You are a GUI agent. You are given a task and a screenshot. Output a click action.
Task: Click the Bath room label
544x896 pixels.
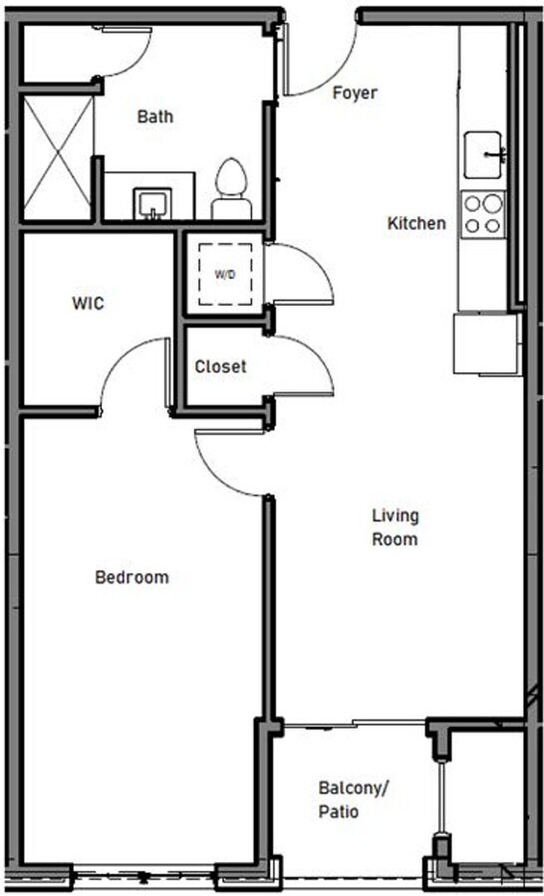pyautogui.click(x=155, y=116)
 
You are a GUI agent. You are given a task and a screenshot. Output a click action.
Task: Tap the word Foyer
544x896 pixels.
pyautogui.click(x=355, y=94)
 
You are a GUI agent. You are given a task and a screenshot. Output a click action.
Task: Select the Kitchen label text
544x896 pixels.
pyautogui.click(x=416, y=223)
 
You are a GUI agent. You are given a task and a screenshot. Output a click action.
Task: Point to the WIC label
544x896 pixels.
pyautogui.click(x=88, y=303)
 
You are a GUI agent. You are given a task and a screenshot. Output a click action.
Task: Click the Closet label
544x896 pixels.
pyautogui.click(x=221, y=366)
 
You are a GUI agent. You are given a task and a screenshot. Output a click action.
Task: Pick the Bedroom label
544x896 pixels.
pyautogui.click(x=133, y=577)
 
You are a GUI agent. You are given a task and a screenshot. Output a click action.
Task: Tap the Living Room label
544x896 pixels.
pyautogui.click(x=396, y=528)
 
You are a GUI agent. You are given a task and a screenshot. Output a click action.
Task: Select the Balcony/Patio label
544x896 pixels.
pyautogui.click(x=353, y=799)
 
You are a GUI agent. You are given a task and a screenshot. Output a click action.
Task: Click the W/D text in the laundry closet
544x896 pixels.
pyautogui.click(x=225, y=275)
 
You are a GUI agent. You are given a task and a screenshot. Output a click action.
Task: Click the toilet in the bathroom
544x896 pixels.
pyautogui.click(x=231, y=189)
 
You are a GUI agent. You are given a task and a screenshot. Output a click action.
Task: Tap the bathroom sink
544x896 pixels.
pyautogui.click(x=152, y=204)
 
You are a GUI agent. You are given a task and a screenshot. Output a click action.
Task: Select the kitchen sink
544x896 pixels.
pyautogui.click(x=484, y=155)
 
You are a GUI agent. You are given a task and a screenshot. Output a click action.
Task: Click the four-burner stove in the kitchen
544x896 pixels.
pyautogui.click(x=483, y=214)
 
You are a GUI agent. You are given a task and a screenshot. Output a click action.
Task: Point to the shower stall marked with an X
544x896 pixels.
pyautogui.click(x=58, y=157)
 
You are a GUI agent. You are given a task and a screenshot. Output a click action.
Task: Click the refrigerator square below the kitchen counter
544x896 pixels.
pyautogui.click(x=486, y=343)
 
